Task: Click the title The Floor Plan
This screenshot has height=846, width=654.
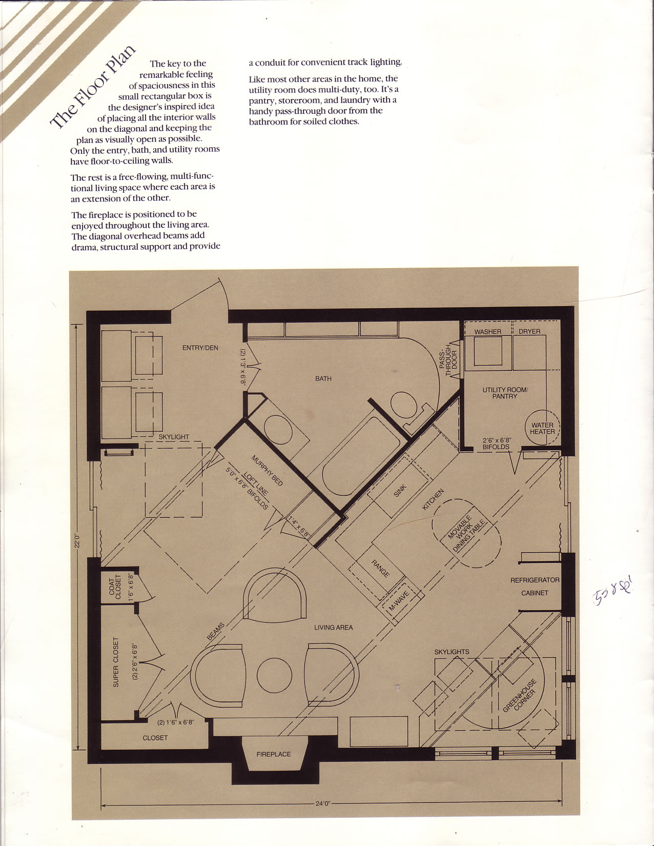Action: click(x=93, y=86)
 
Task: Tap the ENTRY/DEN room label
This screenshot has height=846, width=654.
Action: click(x=200, y=348)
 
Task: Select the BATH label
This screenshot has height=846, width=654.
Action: click(x=323, y=379)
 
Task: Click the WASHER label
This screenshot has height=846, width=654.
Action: click(x=487, y=332)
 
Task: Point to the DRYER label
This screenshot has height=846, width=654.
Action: click(x=529, y=332)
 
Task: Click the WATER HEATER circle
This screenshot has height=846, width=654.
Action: click(x=542, y=428)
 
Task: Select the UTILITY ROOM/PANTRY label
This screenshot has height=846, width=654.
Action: click(x=504, y=393)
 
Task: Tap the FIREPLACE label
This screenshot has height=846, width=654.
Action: click(x=273, y=754)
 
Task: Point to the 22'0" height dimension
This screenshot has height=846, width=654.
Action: click(x=77, y=540)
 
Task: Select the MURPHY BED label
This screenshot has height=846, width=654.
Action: click(x=267, y=470)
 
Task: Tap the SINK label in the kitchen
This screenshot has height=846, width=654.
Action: click(x=400, y=491)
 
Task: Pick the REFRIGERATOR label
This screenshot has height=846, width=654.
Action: click(x=535, y=580)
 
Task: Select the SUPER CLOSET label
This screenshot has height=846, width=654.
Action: click(x=116, y=662)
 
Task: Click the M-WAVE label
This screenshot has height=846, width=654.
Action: click(x=399, y=601)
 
